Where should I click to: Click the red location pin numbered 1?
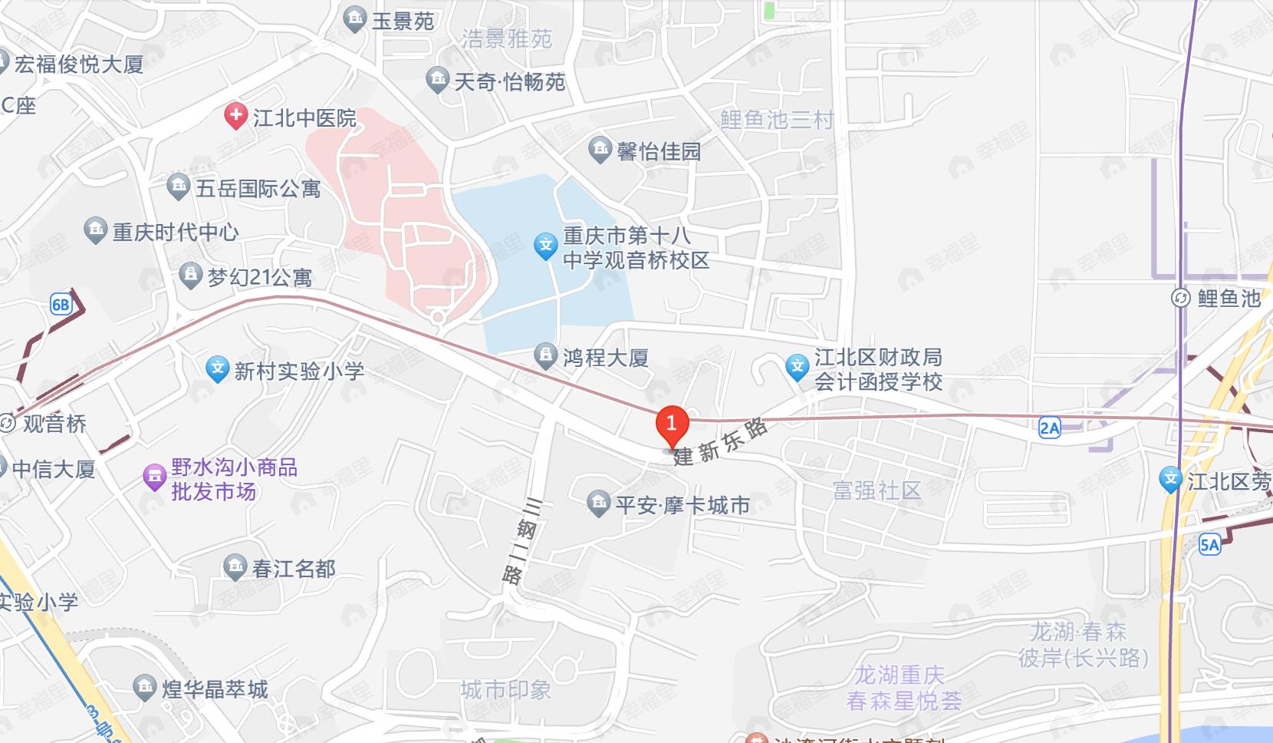[x=672, y=424]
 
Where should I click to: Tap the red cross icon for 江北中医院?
[x=235, y=117]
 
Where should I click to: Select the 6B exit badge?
[x=61, y=304]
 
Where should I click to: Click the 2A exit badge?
[x=1049, y=428]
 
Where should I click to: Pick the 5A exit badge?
[x=1209, y=545]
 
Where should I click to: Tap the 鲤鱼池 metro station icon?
[x=1181, y=298]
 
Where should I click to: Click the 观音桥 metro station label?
[x=54, y=424]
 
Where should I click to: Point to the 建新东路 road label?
[x=721, y=444]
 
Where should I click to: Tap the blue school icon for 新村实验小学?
[x=219, y=370]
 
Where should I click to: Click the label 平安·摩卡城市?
[x=683, y=505]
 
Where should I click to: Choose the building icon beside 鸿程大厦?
[x=545, y=356]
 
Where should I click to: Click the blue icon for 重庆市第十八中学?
[x=545, y=246]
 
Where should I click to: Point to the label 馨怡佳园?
[x=660, y=151]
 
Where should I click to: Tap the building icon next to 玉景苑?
[x=355, y=19]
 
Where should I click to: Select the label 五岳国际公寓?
[x=258, y=188]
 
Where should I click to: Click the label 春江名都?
[x=294, y=569]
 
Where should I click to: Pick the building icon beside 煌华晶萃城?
[x=144, y=688]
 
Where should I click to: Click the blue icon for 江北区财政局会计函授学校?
[x=798, y=368]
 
